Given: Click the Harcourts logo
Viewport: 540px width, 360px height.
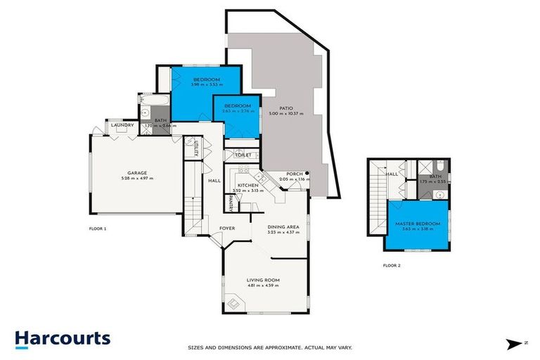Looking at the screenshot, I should click(x=63, y=339).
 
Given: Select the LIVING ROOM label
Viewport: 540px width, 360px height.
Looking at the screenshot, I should click(x=264, y=280).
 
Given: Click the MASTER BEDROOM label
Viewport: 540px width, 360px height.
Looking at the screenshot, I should click(x=418, y=224).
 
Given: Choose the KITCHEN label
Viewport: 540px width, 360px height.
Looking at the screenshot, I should click(x=249, y=185).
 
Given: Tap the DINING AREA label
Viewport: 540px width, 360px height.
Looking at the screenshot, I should click(x=284, y=227).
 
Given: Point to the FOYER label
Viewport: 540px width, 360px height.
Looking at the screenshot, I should click(x=227, y=229).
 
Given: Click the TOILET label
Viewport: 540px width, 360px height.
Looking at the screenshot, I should click(x=243, y=155).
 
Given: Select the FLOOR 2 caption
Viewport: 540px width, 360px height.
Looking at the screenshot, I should click(x=391, y=266).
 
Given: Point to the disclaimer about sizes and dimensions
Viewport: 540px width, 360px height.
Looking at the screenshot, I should click(x=270, y=347).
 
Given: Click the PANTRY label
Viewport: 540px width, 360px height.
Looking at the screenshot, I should click(x=231, y=202).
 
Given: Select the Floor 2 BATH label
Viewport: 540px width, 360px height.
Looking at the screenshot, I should click(x=435, y=176).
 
